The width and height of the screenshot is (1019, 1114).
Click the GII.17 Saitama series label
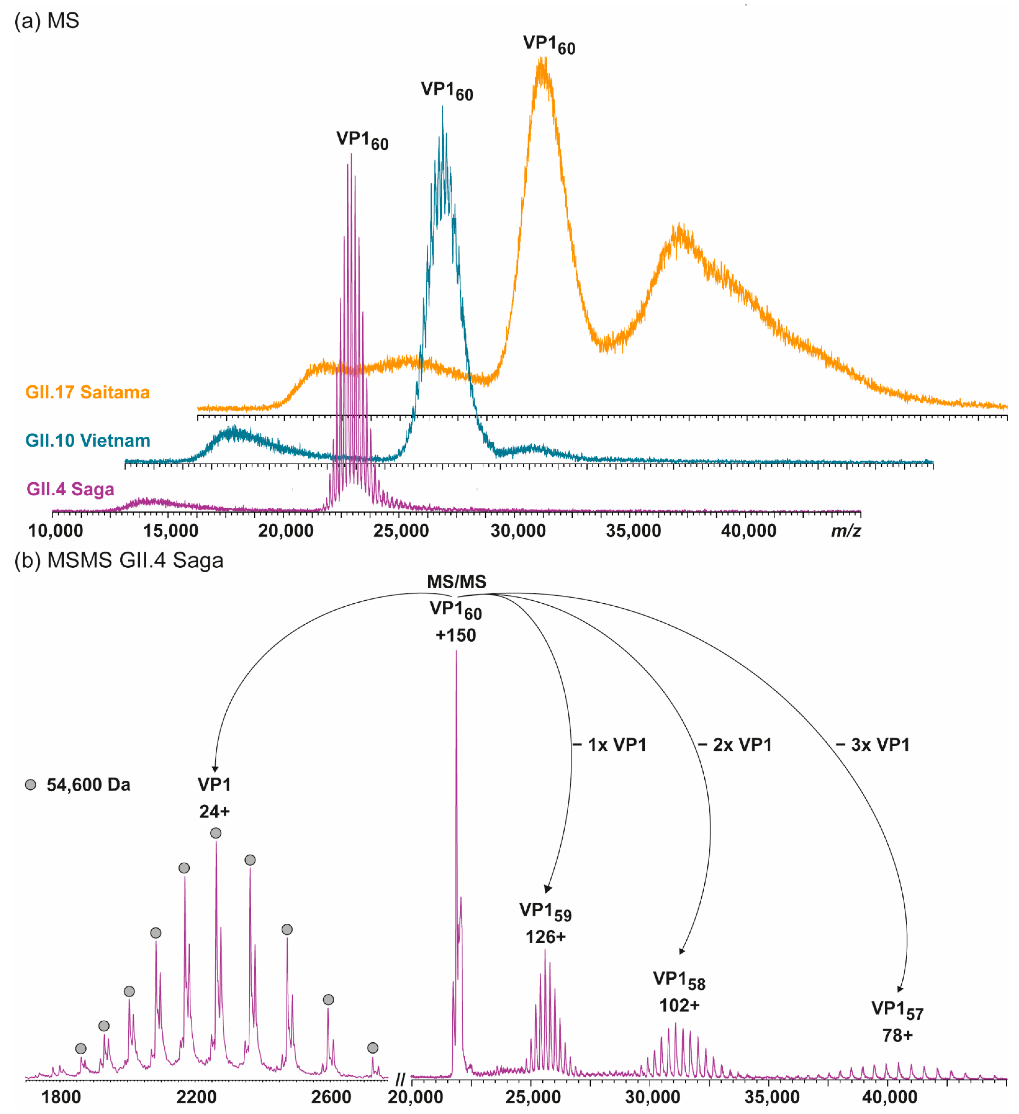87,392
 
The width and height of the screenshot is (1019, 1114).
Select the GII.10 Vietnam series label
88,440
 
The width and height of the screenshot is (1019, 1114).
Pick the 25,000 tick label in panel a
401,531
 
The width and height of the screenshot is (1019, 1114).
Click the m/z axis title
846,531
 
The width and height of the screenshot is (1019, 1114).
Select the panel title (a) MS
47,21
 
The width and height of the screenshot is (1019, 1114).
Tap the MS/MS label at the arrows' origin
456,582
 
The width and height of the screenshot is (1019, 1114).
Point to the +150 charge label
456,635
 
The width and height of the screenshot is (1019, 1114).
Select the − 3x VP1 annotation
873,745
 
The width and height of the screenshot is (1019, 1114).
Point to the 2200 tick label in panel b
196,1097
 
